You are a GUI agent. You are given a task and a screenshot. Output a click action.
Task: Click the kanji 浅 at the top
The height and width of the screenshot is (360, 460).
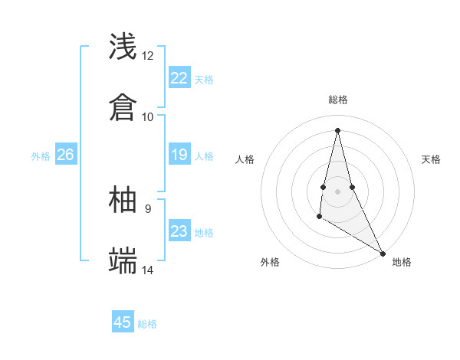point(123,47)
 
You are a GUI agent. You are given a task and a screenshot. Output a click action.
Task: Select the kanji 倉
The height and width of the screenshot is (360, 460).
point(123,106)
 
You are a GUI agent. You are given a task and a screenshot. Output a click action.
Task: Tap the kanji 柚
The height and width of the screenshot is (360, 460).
point(123,201)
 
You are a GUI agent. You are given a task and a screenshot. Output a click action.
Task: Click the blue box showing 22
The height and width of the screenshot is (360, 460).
point(179,78)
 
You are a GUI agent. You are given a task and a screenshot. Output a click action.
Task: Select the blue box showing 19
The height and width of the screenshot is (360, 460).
point(179,155)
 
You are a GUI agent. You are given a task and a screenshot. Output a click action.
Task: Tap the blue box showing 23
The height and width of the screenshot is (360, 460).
point(179,232)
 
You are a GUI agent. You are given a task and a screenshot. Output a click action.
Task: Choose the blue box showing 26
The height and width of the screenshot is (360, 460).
point(65,155)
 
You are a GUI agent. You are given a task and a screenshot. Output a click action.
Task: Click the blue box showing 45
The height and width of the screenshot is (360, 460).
point(123,322)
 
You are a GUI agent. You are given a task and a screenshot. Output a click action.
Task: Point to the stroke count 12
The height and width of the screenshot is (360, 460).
point(148,56)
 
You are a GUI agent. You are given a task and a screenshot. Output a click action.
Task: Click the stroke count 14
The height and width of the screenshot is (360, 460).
point(148,270)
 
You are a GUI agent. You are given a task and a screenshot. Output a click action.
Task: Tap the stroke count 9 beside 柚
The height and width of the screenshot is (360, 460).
point(148,209)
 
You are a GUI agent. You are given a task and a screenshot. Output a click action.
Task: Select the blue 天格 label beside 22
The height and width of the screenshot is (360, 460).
point(204,79)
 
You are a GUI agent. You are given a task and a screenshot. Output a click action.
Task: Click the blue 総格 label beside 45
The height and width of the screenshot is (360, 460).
point(147,324)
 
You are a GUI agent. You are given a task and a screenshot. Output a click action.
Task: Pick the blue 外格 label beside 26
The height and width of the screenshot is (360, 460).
point(41,156)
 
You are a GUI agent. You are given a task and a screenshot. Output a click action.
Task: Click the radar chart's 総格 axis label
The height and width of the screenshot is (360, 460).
point(337,100)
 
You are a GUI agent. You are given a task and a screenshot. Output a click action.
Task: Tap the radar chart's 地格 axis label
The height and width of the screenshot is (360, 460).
point(402,263)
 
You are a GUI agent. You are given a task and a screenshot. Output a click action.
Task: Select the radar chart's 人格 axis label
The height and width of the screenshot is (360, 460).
point(245,159)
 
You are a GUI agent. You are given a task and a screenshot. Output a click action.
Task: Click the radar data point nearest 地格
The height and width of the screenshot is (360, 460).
point(383,253)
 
